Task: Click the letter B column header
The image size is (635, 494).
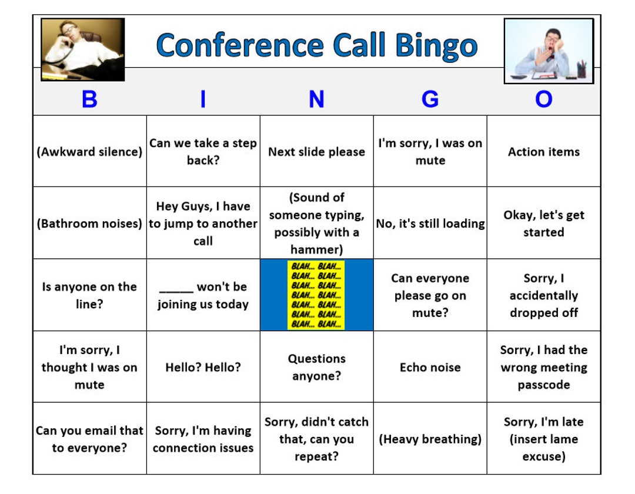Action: pos(89,99)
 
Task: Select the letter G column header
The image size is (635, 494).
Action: pos(430,99)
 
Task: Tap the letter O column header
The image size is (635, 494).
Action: pos(543,99)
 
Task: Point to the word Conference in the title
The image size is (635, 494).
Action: pos(239,45)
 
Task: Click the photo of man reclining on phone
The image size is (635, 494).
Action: pos(82,49)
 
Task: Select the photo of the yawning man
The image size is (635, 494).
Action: pos(548,51)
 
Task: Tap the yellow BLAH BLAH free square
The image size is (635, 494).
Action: pos(316,295)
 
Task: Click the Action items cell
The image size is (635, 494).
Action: pos(543,152)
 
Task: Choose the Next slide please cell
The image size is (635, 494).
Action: pos(316,152)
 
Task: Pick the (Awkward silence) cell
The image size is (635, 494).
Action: pos(89,152)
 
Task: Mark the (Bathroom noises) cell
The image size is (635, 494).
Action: pos(89,223)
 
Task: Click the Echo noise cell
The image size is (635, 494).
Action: pos(430,367)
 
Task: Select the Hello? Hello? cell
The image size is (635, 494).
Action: pos(203,367)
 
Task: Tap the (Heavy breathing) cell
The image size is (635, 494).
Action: pos(430,439)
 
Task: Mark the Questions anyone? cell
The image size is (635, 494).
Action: pos(316,367)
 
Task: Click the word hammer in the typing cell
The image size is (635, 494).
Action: pos(316,249)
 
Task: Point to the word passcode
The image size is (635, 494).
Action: pos(543,385)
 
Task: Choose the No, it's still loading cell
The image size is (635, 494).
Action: pos(430,223)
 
